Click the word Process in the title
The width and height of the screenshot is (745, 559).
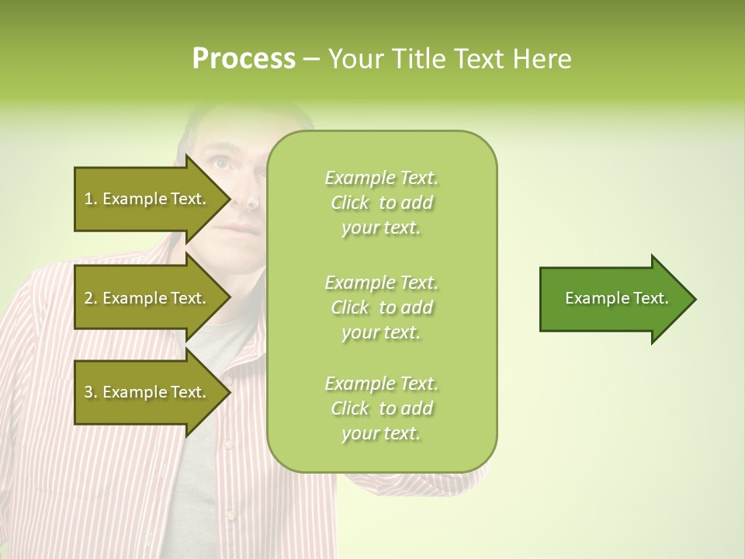244,59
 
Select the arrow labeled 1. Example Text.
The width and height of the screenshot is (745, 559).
147,199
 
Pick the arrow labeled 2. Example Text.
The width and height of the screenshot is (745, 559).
147,298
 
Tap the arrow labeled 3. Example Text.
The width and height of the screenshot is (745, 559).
147,392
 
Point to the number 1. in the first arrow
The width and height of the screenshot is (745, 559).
91,199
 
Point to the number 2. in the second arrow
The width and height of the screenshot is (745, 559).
91,298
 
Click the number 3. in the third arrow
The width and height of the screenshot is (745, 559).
91,392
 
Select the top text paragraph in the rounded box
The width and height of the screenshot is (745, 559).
381,203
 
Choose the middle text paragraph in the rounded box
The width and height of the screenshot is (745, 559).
381,307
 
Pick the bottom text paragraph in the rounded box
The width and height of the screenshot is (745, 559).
381,408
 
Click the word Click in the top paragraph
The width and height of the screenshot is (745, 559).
350,203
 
